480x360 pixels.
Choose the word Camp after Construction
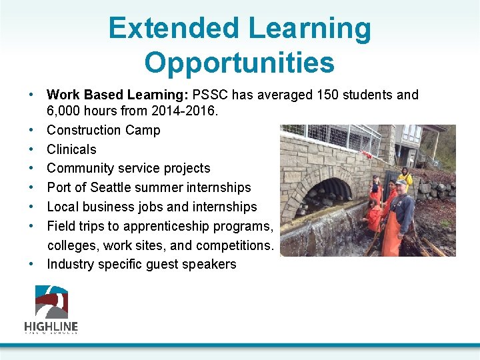pos(142,130)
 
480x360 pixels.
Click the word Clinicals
pos(71,149)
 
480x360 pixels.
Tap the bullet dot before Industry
pos(32,264)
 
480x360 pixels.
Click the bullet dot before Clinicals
pos(32,149)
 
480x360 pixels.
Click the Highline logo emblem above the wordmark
pos(51,302)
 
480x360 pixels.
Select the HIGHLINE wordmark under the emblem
pos(51,327)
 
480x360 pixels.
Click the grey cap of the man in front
pos(400,182)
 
